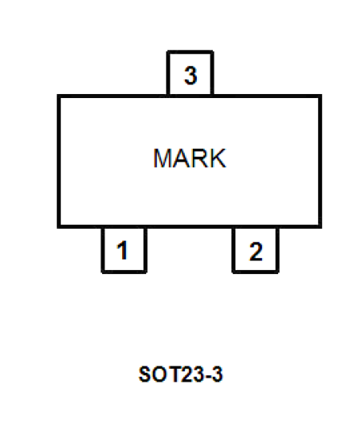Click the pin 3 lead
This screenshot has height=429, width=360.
coord(190,73)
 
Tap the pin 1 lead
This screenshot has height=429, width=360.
coord(124,250)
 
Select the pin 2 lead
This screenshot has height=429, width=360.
coord(256,250)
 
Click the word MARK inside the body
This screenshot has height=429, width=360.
coord(190,158)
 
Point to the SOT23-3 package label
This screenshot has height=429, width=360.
coord(181,374)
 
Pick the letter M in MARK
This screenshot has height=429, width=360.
coord(162,158)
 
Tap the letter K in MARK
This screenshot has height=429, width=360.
coord(218,158)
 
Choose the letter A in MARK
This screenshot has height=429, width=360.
coord(182,158)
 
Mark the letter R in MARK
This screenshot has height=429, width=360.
coord(200,158)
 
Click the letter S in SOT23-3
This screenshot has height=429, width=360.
coord(145,374)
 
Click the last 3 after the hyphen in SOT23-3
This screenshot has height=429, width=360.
coord(217,374)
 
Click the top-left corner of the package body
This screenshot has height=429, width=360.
coord(59,96)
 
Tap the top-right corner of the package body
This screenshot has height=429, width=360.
coord(321,96)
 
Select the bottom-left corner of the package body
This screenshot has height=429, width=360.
coord(59,227)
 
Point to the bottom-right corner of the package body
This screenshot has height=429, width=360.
coord(321,227)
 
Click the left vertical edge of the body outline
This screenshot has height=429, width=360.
coord(59,161)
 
